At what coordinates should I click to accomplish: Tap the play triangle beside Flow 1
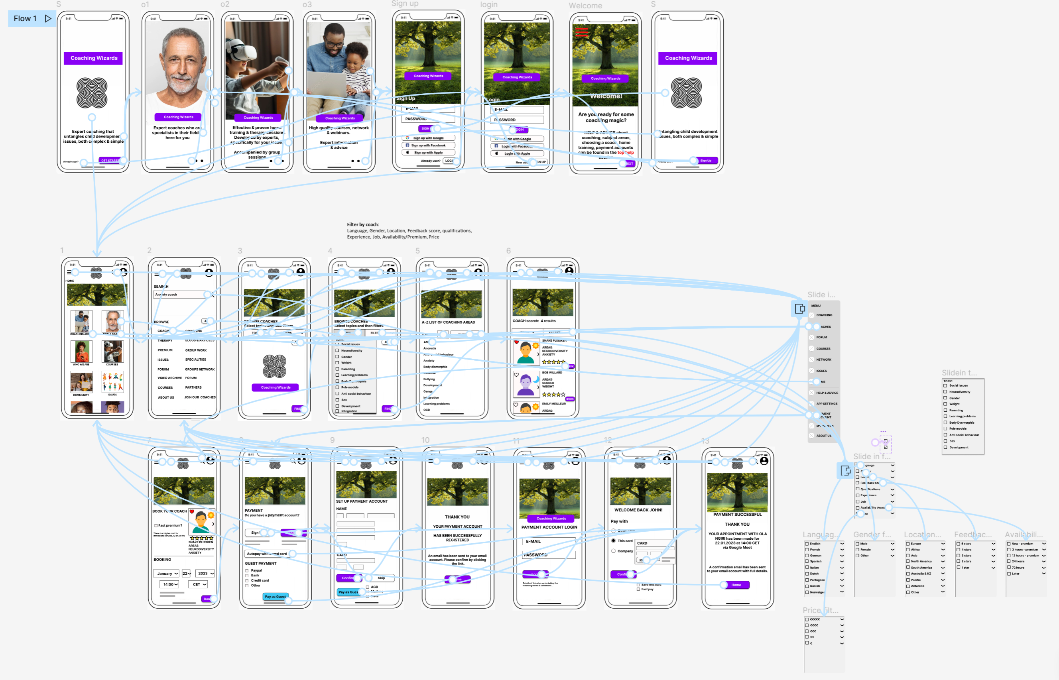click(x=48, y=19)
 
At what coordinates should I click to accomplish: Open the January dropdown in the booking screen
click(x=167, y=573)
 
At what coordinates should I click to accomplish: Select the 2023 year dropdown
click(x=205, y=573)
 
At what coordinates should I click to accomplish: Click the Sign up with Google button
click(x=428, y=138)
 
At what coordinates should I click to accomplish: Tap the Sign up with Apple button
click(x=428, y=152)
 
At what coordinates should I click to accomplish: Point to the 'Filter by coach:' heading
click(x=362, y=224)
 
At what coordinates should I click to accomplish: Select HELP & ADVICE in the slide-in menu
click(x=826, y=393)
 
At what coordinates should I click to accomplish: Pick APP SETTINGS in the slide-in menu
click(x=826, y=404)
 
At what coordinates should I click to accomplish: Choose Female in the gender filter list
click(x=857, y=550)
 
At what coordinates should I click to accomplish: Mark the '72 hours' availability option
click(x=1009, y=568)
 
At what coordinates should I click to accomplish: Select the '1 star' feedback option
click(x=958, y=568)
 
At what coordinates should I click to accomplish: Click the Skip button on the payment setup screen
click(x=381, y=578)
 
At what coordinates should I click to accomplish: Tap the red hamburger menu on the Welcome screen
click(x=581, y=32)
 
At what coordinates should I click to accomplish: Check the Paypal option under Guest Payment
click(x=247, y=570)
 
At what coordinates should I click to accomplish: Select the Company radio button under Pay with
click(x=613, y=551)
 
